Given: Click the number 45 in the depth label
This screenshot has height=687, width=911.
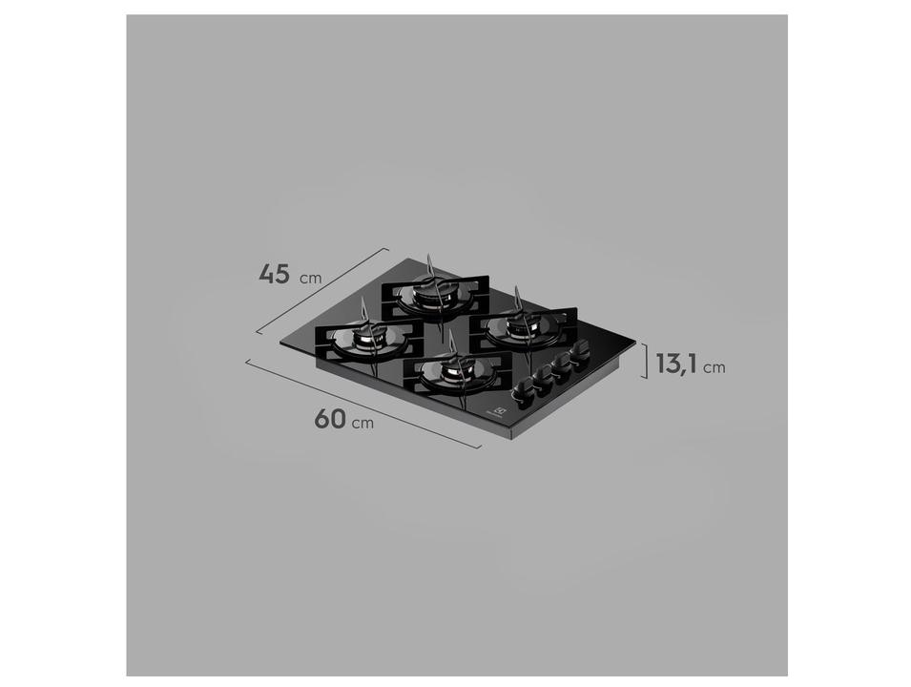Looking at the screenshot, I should coord(274,273).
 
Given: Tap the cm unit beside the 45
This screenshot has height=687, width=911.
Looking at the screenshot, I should coord(310,279).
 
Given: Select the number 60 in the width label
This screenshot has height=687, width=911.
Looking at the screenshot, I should coord(330,420).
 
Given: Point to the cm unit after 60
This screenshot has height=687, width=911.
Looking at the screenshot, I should coord(362,424).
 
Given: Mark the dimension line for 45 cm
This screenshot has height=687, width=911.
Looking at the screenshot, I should coord(322,291).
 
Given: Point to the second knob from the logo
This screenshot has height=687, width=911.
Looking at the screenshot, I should coord(543,380).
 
